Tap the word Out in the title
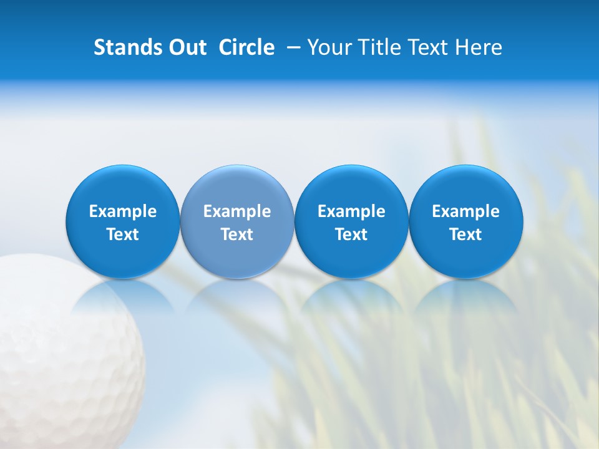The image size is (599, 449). (x=185, y=47)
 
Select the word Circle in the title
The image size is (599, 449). (x=246, y=47)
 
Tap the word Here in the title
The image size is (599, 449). (x=479, y=47)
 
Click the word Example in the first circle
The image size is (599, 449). (x=123, y=211)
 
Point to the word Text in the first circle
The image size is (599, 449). (x=123, y=234)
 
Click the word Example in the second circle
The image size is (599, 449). (x=237, y=211)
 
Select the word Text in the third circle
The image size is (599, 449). (x=351, y=234)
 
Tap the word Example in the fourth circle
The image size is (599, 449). (x=466, y=211)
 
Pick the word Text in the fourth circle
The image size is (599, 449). (x=466, y=234)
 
